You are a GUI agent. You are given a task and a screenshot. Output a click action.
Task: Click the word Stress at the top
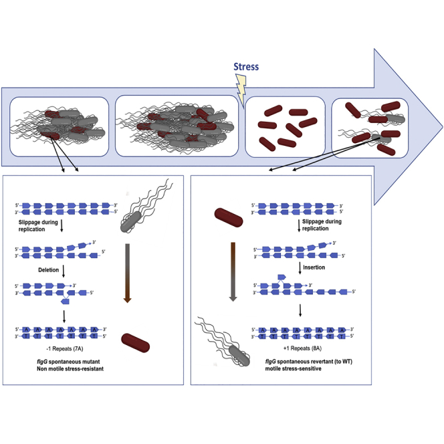[x=245, y=67]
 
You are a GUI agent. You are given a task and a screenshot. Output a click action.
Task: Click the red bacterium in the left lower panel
[x=135, y=346]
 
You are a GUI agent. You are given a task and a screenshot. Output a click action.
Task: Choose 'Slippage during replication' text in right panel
[x=324, y=225]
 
